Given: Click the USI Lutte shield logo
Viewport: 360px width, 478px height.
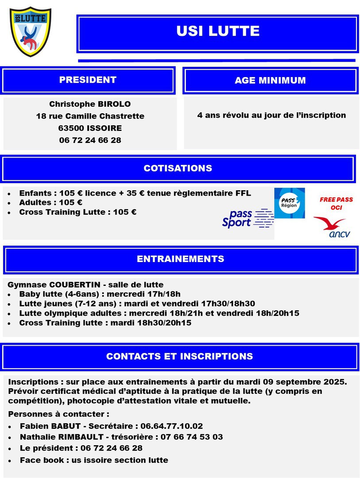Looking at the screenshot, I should [x=31, y=32].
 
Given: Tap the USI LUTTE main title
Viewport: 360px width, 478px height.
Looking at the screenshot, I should [x=218, y=31].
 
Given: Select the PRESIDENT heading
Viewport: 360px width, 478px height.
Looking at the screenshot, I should [x=88, y=80].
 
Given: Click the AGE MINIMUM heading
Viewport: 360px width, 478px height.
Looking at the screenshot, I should [x=270, y=81].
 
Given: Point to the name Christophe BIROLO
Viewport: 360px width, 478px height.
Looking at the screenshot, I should [x=90, y=104].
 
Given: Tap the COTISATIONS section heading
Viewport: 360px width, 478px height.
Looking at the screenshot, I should [x=178, y=168].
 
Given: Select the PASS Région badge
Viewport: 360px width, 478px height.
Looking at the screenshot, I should [x=290, y=203].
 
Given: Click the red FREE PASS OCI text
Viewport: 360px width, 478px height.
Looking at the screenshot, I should [x=337, y=204].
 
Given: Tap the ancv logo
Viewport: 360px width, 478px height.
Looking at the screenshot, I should [x=332, y=227].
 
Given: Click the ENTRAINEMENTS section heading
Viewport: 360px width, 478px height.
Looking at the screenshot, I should [x=180, y=259].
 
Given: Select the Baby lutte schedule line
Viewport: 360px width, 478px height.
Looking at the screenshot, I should [x=100, y=294].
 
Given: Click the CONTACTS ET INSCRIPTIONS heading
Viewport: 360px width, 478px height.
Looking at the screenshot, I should [x=179, y=356].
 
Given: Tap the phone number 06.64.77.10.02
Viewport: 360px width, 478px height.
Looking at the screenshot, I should [x=172, y=426].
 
